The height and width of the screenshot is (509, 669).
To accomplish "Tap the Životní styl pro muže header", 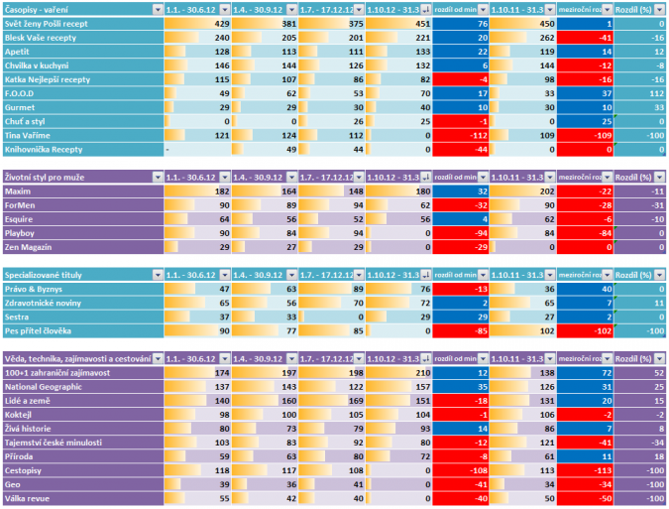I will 46,177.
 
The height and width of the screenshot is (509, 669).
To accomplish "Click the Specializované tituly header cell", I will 45,273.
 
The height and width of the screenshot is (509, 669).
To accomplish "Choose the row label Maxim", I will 19,191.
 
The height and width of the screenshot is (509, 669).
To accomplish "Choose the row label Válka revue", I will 31,498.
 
